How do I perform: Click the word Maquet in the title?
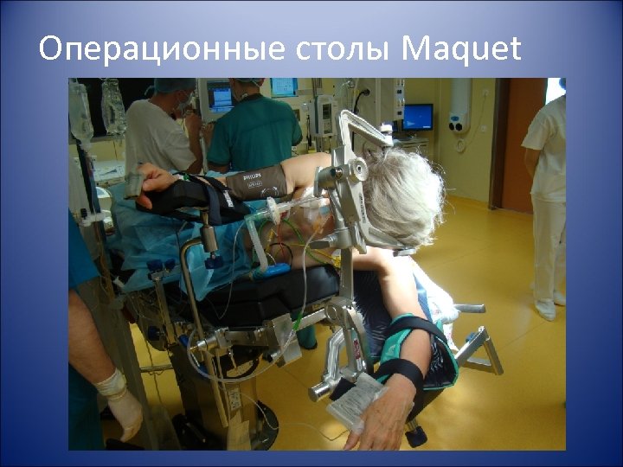click(461, 50)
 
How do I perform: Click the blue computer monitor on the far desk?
click(418, 117)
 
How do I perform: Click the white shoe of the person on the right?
click(544, 309)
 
